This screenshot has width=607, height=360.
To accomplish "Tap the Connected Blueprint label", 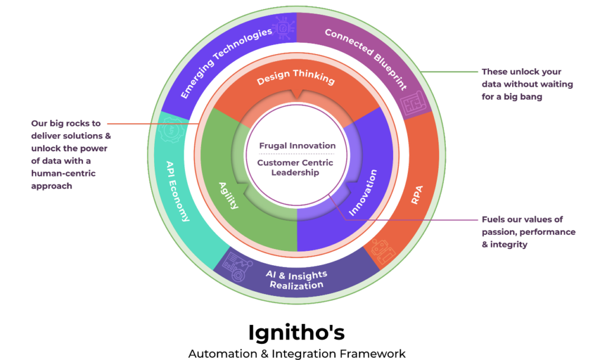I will (366, 59).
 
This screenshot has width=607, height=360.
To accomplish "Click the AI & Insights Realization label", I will (296, 279).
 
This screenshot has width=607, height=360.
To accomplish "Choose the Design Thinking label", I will (296, 79).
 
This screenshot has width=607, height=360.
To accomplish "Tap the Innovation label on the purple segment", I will (363, 193).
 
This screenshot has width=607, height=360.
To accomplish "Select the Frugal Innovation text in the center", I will (297, 145).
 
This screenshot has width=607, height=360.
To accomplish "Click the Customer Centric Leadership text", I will (295, 168).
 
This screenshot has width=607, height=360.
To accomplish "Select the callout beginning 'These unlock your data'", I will (527, 84).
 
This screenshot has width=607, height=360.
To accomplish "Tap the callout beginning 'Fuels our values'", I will (528, 232).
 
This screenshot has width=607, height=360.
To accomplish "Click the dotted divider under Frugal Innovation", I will (296, 154).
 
